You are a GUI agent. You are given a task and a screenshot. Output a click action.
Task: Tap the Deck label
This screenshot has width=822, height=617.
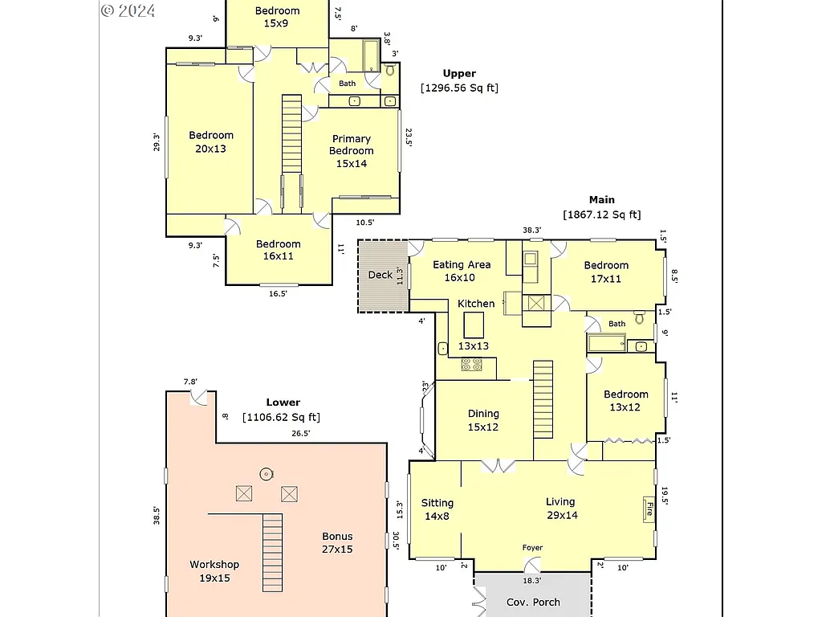click(x=380, y=275)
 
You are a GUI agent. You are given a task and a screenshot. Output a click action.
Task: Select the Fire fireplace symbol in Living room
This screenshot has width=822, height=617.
click(x=648, y=509)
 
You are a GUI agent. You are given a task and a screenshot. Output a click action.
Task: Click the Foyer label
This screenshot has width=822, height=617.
click(x=532, y=548)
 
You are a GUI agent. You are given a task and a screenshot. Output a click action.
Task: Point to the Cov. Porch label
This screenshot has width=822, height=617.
click(x=533, y=602)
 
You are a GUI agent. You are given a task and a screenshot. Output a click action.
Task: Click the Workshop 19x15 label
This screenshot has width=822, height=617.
click(x=214, y=571)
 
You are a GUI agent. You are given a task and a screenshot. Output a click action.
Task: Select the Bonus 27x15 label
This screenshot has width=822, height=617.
click(x=337, y=543)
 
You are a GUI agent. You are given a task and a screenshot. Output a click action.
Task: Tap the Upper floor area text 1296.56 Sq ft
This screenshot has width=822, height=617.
click(x=459, y=88)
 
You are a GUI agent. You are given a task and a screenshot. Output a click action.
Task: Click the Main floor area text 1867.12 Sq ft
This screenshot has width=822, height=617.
click(x=602, y=215)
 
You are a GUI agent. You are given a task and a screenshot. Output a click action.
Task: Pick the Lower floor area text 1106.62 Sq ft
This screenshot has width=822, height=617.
click(x=283, y=417)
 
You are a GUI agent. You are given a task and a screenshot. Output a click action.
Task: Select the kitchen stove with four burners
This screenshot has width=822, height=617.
click(x=471, y=365)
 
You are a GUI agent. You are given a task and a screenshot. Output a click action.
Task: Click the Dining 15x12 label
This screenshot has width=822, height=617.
click(x=483, y=420)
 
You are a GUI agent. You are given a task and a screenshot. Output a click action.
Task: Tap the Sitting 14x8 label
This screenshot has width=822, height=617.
click(x=437, y=509)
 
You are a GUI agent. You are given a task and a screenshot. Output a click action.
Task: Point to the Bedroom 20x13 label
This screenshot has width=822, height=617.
click(x=211, y=142)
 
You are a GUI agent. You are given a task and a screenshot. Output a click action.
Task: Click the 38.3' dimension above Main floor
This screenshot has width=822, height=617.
click(x=532, y=231)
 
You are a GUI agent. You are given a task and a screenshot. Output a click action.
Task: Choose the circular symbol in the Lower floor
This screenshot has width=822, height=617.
click(x=266, y=473)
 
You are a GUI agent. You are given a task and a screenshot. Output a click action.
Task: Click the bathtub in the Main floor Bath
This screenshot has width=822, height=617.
click(x=606, y=345)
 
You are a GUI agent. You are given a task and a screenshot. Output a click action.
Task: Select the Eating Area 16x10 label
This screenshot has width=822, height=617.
click(x=461, y=272)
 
